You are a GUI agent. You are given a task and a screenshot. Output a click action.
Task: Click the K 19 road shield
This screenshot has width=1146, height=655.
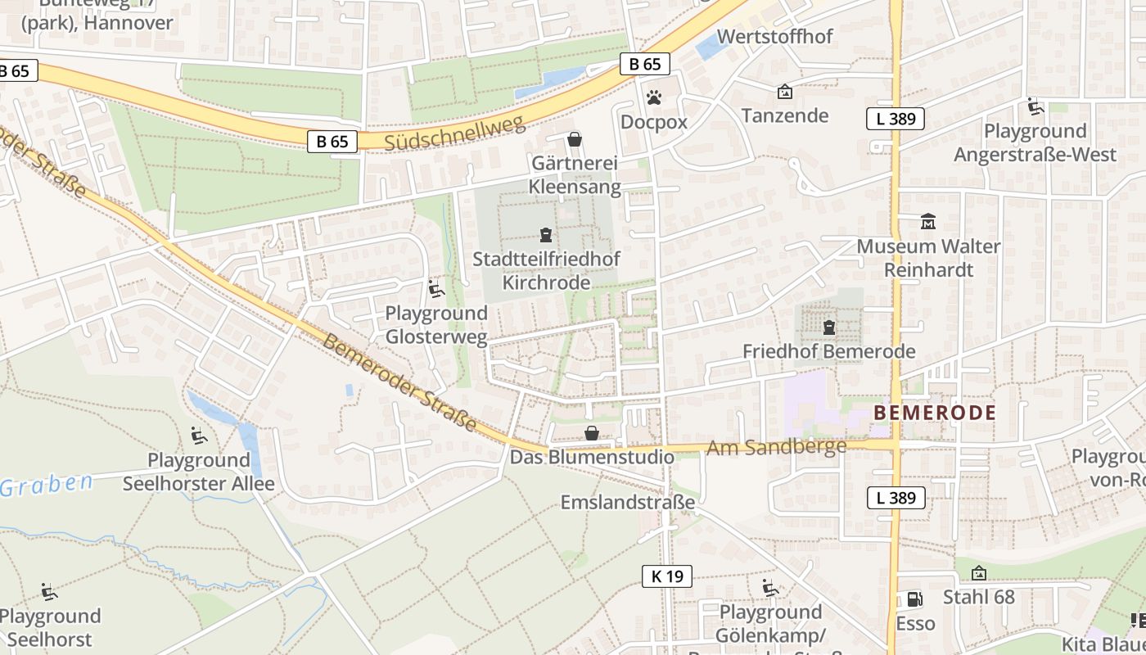pos(667,576)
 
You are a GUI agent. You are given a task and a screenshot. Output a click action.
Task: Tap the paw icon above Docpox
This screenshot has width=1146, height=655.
pos(653,98)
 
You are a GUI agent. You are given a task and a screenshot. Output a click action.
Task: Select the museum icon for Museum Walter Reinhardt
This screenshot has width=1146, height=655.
pos(928,221)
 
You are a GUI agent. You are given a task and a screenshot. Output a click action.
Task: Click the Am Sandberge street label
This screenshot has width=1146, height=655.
pos(776,447)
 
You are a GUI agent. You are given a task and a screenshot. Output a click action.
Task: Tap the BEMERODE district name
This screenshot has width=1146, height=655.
pos(935,413)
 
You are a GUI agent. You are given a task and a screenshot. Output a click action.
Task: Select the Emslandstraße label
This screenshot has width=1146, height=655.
pos(627,502)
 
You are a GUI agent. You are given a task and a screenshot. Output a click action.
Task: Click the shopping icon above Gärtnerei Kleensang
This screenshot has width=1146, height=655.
pos(575,139)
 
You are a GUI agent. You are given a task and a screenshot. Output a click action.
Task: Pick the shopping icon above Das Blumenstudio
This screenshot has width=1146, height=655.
pos(591,433)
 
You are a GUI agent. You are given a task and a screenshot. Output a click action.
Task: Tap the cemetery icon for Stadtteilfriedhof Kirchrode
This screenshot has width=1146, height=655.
pos(546,236)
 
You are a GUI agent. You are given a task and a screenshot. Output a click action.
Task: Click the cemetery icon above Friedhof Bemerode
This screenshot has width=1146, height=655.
pos(829,327)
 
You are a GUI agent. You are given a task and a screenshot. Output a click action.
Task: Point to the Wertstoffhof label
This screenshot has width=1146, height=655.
pos(774,37)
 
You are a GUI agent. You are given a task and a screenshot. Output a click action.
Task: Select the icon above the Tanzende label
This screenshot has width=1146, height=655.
pos(784,92)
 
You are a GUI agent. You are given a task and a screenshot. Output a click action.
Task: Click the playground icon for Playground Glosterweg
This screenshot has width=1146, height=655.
pos(436,289)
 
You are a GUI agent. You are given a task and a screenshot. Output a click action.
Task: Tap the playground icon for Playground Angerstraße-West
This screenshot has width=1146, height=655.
pos(1035,106)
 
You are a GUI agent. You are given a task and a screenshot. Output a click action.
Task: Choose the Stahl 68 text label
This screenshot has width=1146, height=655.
pos(979,597)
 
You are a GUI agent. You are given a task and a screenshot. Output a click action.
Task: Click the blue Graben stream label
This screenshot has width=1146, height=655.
pos(47,485)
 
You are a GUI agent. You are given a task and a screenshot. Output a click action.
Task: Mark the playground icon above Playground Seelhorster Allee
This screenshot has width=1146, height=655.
pos(198,435)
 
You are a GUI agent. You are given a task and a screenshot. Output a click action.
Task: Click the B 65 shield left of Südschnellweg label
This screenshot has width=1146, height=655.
pos(332,142)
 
